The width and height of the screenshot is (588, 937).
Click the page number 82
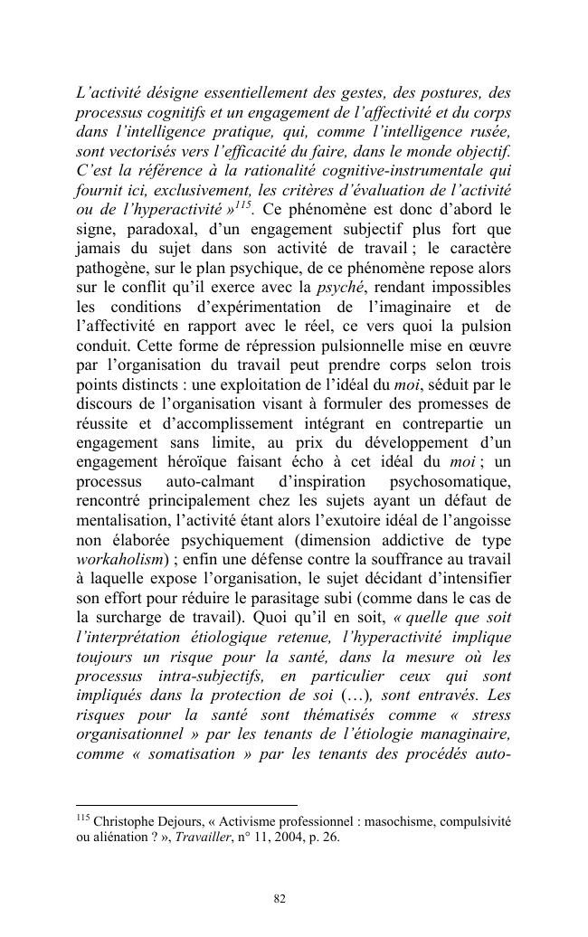point(280,899)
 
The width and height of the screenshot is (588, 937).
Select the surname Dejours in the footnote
point(186,822)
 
